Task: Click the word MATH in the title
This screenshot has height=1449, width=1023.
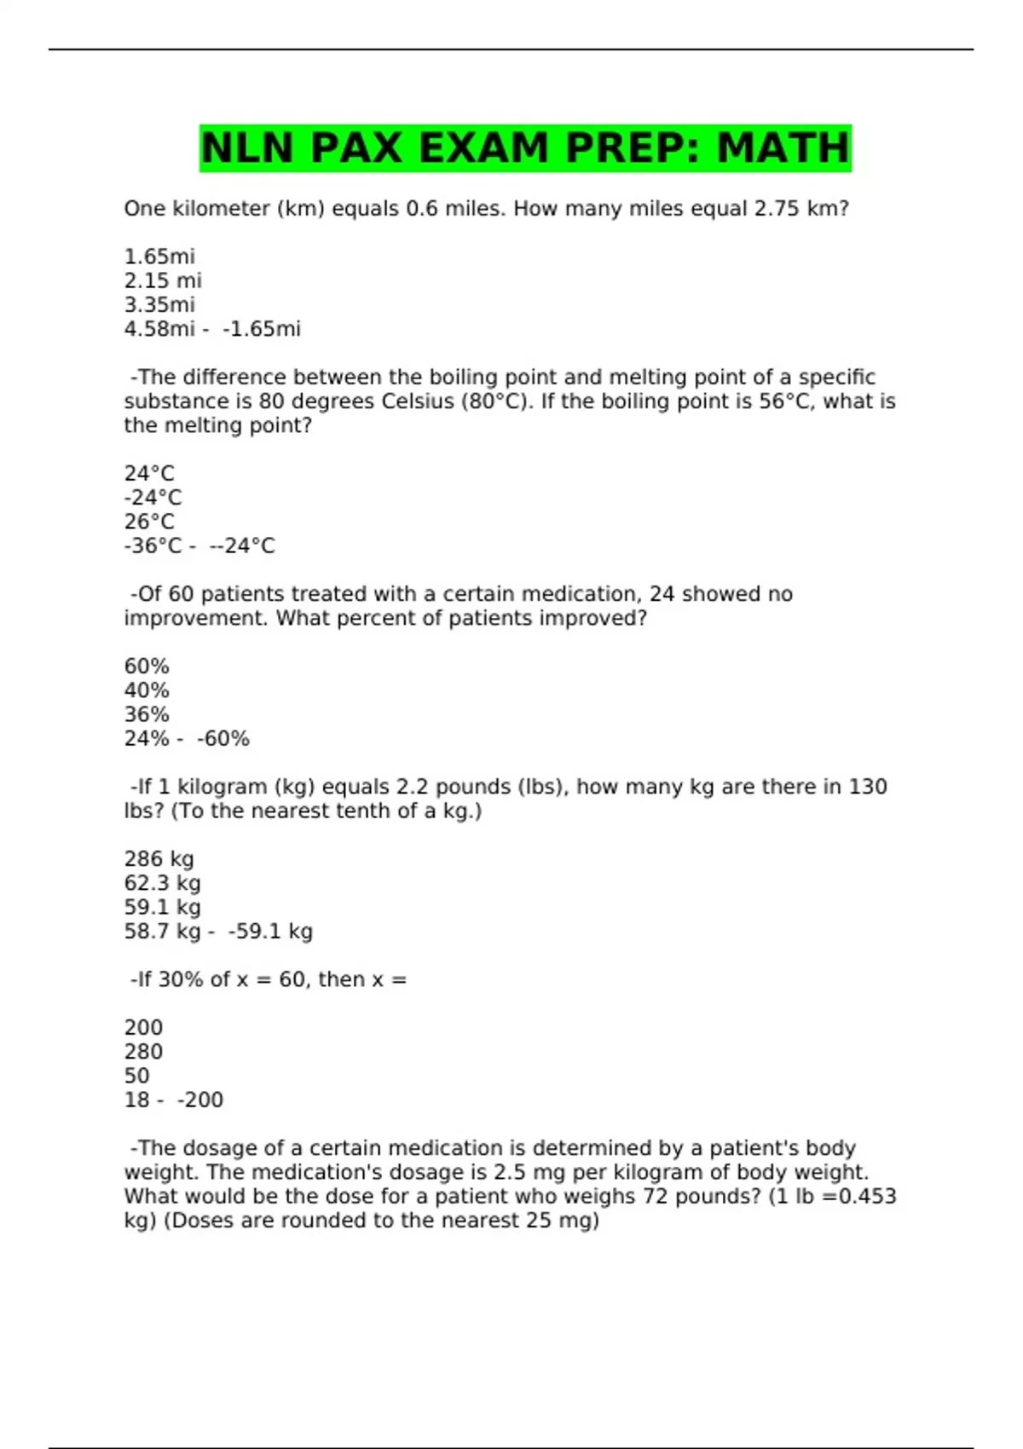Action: coord(783,148)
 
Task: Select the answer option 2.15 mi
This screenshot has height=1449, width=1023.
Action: coord(163,280)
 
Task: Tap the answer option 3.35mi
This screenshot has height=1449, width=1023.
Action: coord(159,304)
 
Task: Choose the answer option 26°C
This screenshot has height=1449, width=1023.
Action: coord(149,522)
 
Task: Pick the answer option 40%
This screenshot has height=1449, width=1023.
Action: coord(147,690)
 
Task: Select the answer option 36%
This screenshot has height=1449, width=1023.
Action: coord(147,714)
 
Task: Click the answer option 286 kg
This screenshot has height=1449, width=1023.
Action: coord(159,859)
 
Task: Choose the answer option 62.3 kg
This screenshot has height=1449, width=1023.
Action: coord(163,883)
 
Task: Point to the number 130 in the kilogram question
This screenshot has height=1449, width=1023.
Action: coord(868,787)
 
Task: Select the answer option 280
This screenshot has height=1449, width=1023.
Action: coord(143,1052)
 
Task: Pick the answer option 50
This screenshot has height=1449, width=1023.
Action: coord(136,1076)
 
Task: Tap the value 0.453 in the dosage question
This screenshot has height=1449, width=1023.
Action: coord(867,1197)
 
